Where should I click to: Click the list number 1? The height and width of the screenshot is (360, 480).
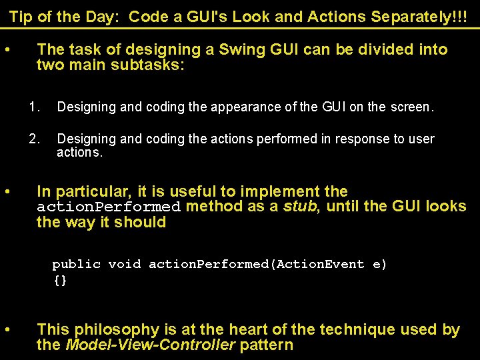(35, 106)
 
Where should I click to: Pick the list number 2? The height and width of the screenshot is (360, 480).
(35, 139)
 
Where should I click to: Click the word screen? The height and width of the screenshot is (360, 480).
(412, 106)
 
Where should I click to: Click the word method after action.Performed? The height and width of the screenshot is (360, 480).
(215, 207)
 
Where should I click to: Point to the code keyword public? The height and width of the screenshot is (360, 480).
(76, 264)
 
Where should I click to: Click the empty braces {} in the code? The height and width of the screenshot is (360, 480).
(60, 281)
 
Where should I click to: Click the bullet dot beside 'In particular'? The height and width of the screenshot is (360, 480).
(7, 192)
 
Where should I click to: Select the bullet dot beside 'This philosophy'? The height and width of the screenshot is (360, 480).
(7, 330)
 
